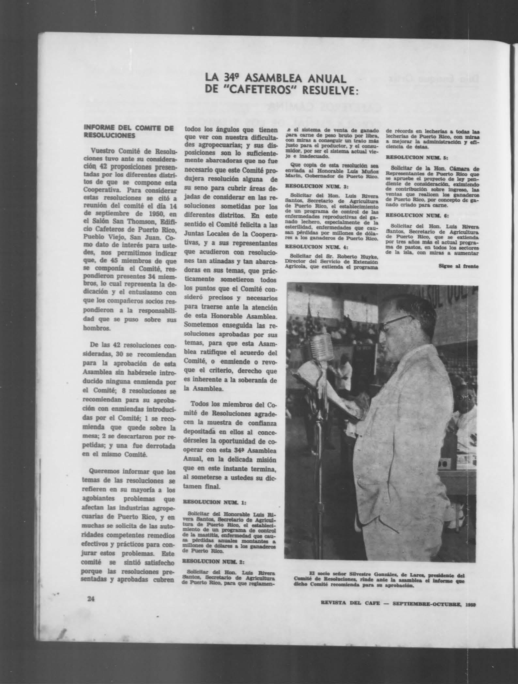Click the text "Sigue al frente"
point(458,266)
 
